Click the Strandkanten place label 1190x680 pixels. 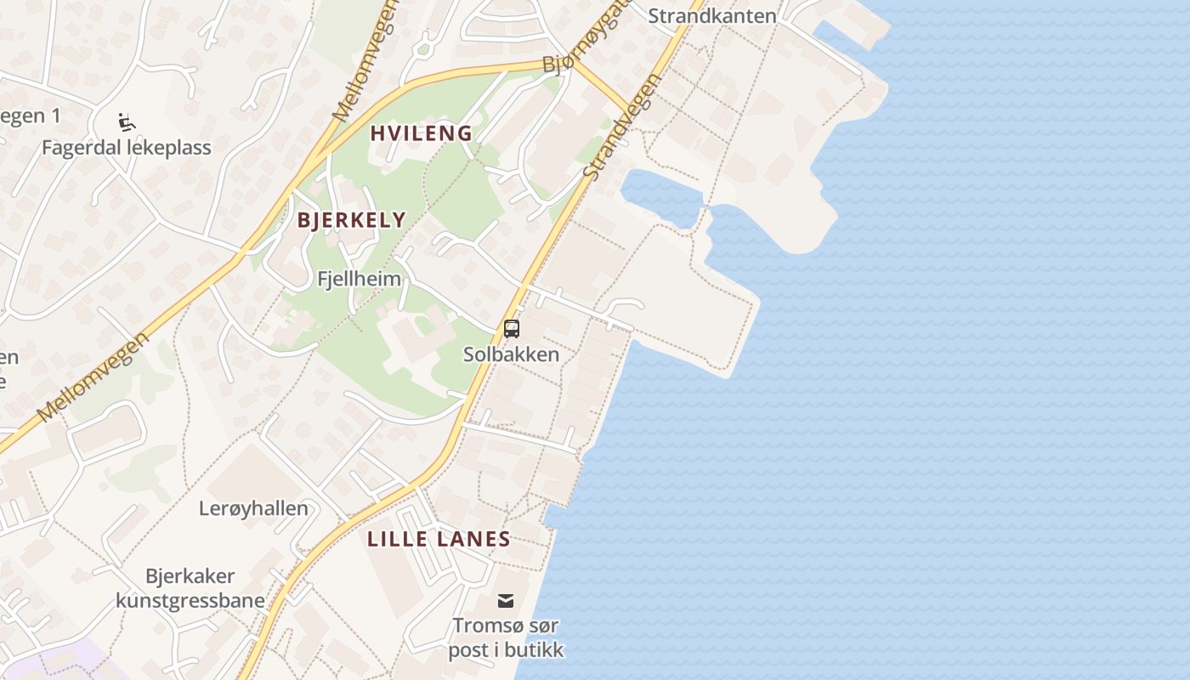712,15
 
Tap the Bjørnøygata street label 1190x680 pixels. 586,38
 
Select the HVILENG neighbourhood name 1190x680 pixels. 421,133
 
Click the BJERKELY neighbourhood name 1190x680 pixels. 351,220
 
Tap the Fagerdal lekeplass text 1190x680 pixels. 127,148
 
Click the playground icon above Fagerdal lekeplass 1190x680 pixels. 127,122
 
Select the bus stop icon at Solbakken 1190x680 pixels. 511,329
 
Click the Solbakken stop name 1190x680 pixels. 511,354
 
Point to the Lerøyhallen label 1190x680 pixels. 253,508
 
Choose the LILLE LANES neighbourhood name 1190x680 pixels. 439,539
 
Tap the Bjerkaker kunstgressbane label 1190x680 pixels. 190,588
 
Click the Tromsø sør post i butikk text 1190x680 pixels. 506,637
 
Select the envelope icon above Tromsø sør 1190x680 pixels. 506,601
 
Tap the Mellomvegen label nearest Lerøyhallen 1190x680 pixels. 93,377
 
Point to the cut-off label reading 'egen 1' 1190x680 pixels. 31,116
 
